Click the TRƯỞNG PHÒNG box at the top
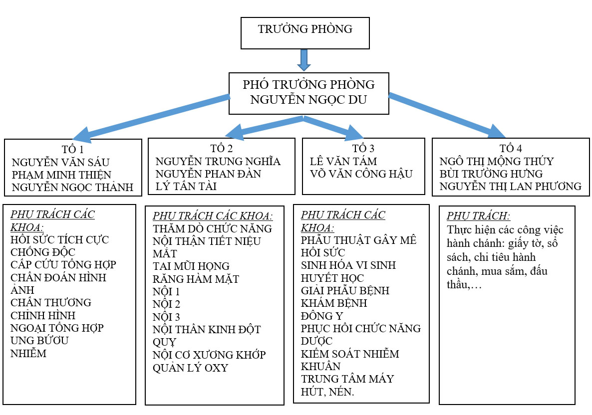(305, 33)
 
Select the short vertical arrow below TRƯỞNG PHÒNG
(304, 60)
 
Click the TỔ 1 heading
(73, 149)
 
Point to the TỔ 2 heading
(222, 149)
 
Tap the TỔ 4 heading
(511, 149)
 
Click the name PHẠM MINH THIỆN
(61, 175)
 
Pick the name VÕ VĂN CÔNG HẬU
(361, 174)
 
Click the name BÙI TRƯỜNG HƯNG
(491, 174)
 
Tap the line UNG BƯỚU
(39, 341)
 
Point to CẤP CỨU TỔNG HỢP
(63, 264)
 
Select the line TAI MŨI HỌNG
(191, 266)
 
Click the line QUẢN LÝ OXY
(190, 368)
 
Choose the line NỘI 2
(167, 304)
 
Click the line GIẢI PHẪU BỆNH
(345, 290)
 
